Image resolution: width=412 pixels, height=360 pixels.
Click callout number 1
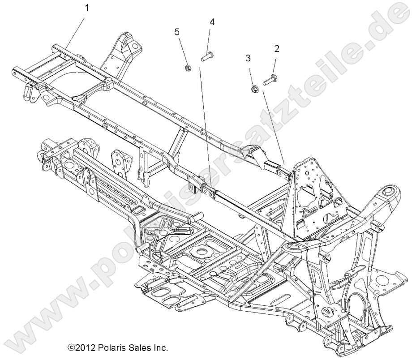tap(87, 7)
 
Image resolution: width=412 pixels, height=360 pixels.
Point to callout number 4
tap(212, 21)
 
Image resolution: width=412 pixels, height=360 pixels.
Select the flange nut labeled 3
tap(254, 88)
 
